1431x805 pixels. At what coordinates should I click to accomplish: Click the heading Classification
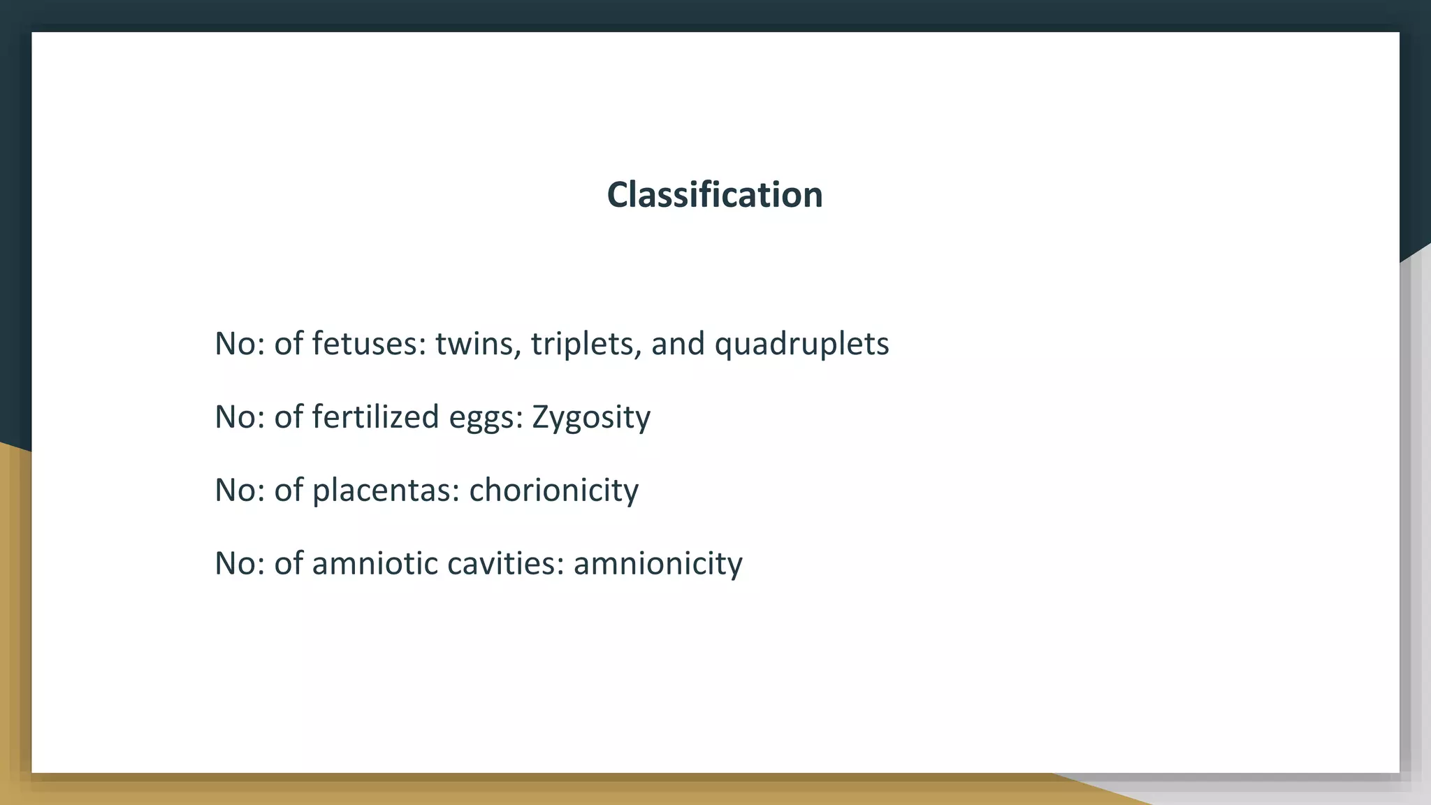pos(715,194)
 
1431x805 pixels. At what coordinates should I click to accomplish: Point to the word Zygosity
pos(591,418)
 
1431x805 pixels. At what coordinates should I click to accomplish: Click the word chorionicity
pos(553,491)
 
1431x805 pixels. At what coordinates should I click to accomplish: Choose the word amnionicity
pos(658,563)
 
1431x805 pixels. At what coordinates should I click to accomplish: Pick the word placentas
pos(385,491)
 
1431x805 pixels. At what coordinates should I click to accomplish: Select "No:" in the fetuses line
pos(240,344)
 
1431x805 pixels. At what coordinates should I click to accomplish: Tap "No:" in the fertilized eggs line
pos(240,417)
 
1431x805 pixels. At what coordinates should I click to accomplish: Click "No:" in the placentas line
pos(240,491)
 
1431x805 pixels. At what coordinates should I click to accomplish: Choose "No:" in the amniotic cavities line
pos(240,563)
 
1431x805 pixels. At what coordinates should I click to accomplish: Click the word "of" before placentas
pos(288,491)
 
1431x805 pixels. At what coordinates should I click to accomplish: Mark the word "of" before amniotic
pos(288,563)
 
